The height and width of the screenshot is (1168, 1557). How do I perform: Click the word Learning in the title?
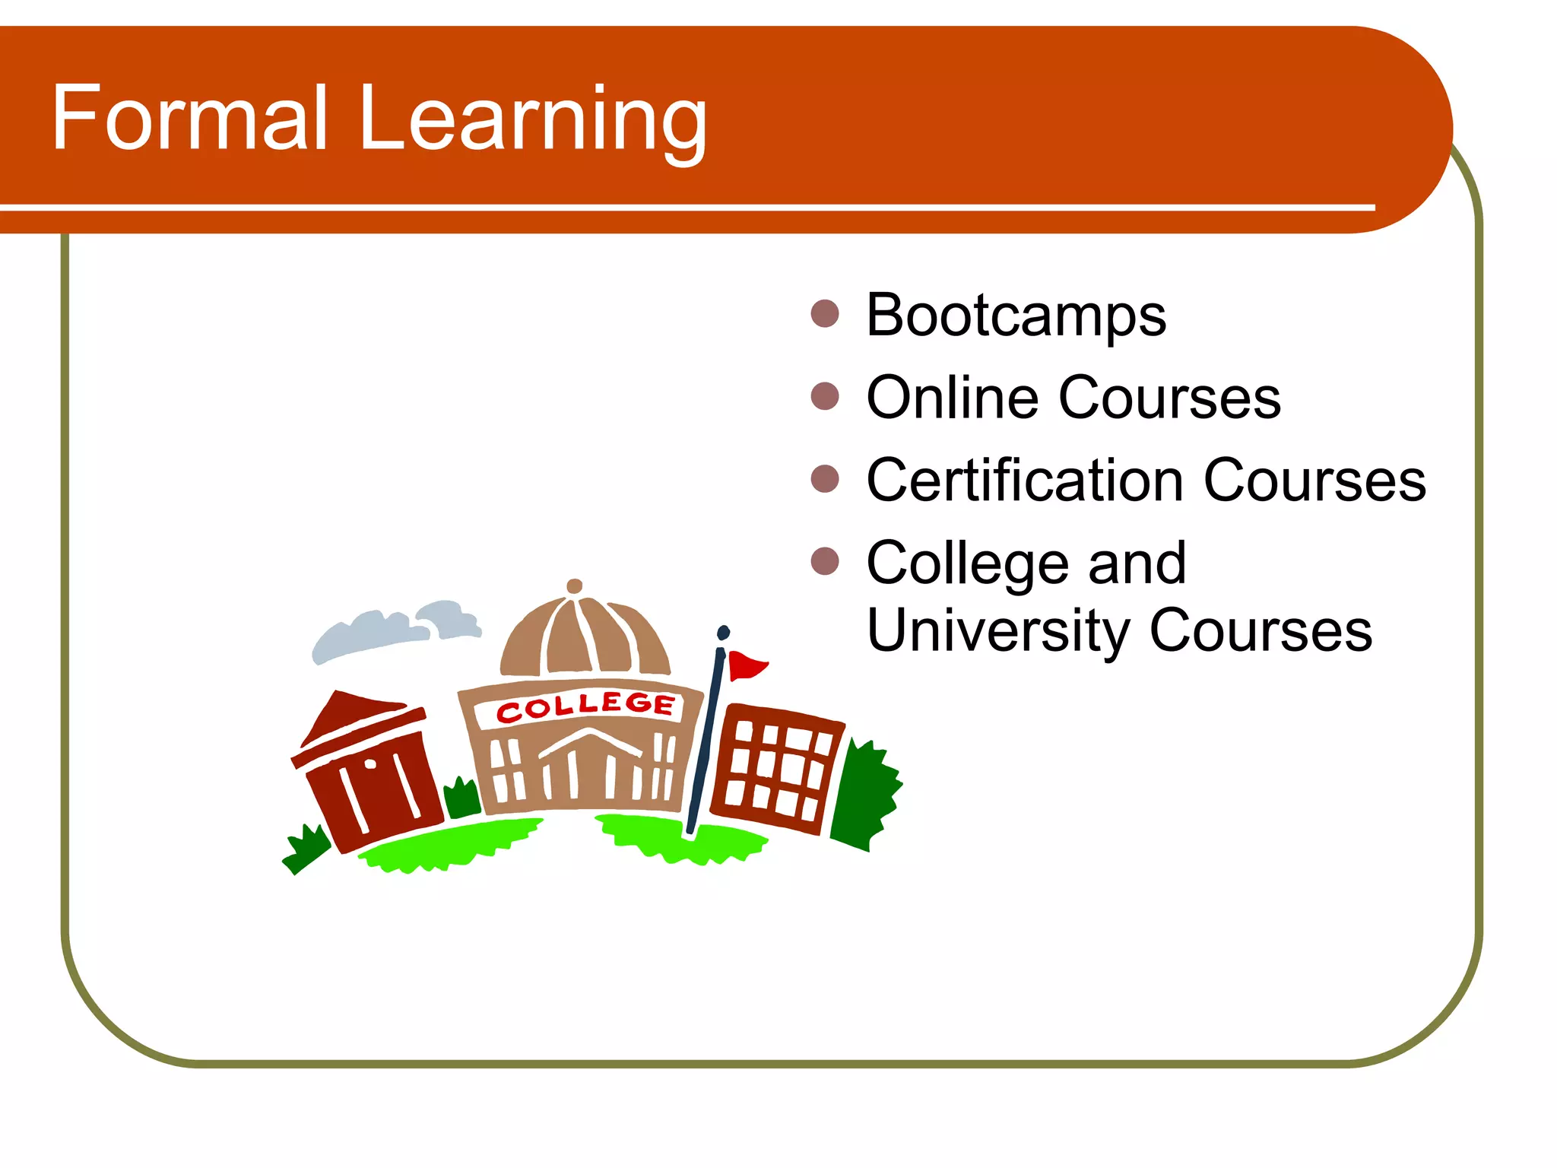[x=532, y=122]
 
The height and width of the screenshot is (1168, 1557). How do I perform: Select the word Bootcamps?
[x=1016, y=316]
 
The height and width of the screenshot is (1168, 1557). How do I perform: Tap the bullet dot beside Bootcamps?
[x=825, y=313]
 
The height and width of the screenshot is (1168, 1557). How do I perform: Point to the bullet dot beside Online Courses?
[x=825, y=396]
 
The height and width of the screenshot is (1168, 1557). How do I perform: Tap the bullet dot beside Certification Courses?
[x=825, y=479]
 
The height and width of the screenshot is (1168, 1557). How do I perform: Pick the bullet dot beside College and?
[x=825, y=562]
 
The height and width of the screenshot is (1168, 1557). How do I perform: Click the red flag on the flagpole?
[x=745, y=665]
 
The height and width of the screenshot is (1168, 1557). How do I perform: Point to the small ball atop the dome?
[x=575, y=586]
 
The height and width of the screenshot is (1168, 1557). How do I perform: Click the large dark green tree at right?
[x=867, y=795]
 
